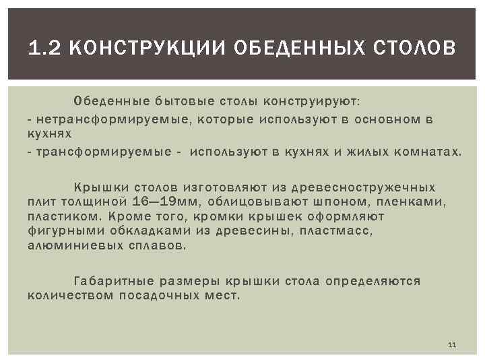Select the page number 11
pyautogui.click(x=451, y=345)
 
